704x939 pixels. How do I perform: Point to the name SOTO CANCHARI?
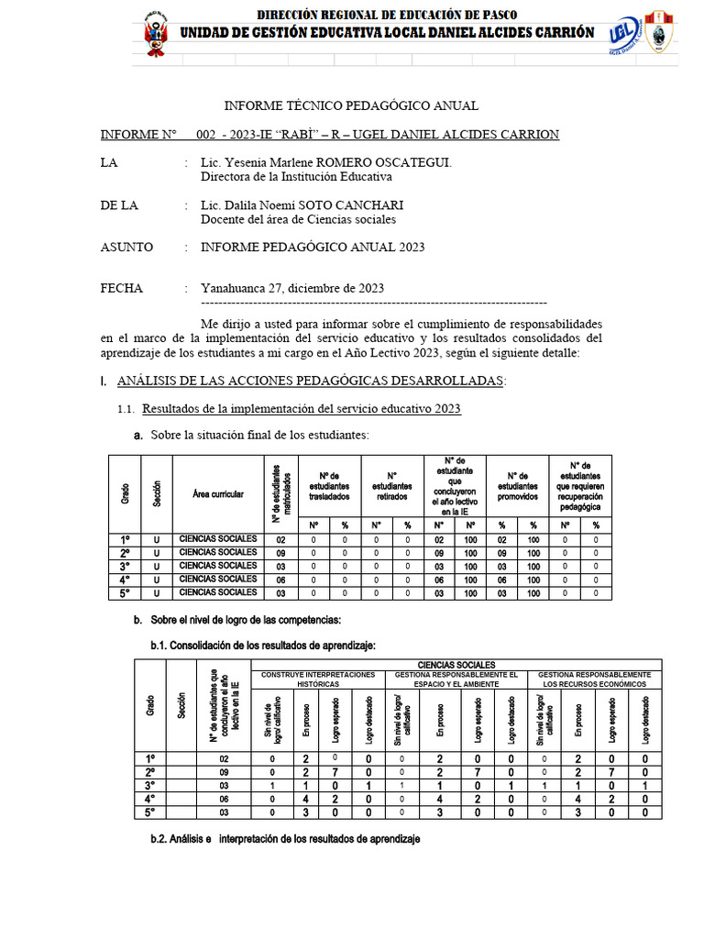click(x=354, y=205)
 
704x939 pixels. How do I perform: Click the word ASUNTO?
click(x=126, y=248)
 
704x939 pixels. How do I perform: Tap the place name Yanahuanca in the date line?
click(x=232, y=289)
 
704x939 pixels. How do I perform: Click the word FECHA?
click(x=122, y=289)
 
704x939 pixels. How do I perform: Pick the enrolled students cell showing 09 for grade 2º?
click(x=281, y=553)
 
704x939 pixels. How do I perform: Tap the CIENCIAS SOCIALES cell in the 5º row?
click(x=218, y=593)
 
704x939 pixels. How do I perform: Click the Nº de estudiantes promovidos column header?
click(x=516, y=486)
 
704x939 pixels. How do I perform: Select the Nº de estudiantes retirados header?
click(x=391, y=486)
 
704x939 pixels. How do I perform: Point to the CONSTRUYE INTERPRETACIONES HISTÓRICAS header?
click(x=318, y=679)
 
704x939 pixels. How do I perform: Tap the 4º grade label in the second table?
click(x=150, y=799)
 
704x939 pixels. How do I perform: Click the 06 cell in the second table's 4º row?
click(x=224, y=799)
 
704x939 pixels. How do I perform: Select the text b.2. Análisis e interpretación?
click(x=285, y=840)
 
